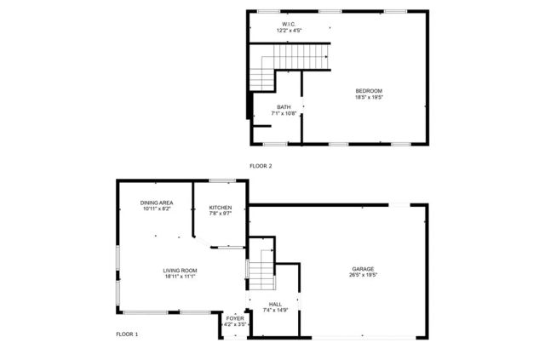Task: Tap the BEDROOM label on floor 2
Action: point(368,91)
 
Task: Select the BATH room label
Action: point(283,106)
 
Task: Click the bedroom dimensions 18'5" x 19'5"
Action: point(368,97)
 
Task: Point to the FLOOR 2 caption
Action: point(260,165)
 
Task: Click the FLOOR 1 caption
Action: point(127,334)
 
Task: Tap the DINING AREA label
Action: point(157,203)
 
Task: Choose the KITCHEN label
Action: point(221,208)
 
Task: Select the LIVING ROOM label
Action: point(180,271)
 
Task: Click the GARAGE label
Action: point(362,270)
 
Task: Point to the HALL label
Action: point(275,303)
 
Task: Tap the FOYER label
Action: point(234,318)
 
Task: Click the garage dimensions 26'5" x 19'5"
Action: point(362,276)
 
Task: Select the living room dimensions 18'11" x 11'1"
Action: point(180,277)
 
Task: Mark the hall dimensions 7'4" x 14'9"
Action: point(275,309)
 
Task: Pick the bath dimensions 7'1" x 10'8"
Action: point(283,112)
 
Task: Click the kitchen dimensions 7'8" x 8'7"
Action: point(221,214)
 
